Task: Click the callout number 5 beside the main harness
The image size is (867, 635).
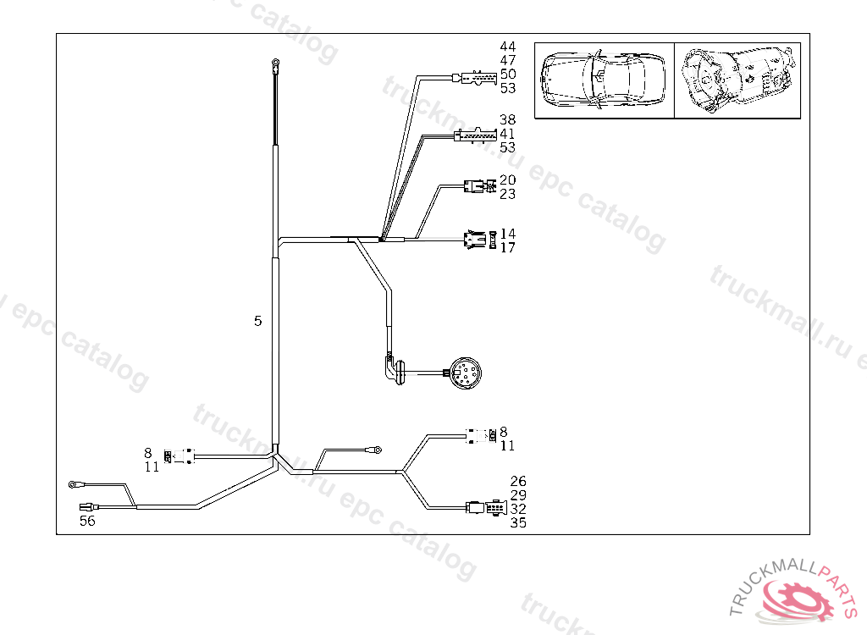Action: (x=258, y=321)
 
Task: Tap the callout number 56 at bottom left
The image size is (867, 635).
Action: (x=87, y=521)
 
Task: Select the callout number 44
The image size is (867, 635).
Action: (x=508, y=46)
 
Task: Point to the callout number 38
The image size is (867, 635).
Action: (x=508, y=120)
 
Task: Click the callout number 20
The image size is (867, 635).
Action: (x=508, y=179)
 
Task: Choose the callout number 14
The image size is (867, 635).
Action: (x=508, y=234)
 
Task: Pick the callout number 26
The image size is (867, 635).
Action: (x=518, y=482)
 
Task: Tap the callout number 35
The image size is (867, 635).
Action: (x=518, y=523)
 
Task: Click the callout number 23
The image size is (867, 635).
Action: (x=508, y=194)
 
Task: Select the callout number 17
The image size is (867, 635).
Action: (x=508, y=248)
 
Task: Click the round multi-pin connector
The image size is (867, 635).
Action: (x=465, y=373)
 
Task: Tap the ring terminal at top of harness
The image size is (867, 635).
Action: (x=276, y=61)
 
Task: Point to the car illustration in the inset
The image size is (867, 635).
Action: (x=605, y=79)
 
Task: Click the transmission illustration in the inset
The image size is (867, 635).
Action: (x=737, y=79)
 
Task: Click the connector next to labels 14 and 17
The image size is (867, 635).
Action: (x=476, y=240)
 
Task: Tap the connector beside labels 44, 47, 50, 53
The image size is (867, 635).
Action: (x=474, y=80)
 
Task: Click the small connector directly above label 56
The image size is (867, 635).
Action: (x=86, y=507)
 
